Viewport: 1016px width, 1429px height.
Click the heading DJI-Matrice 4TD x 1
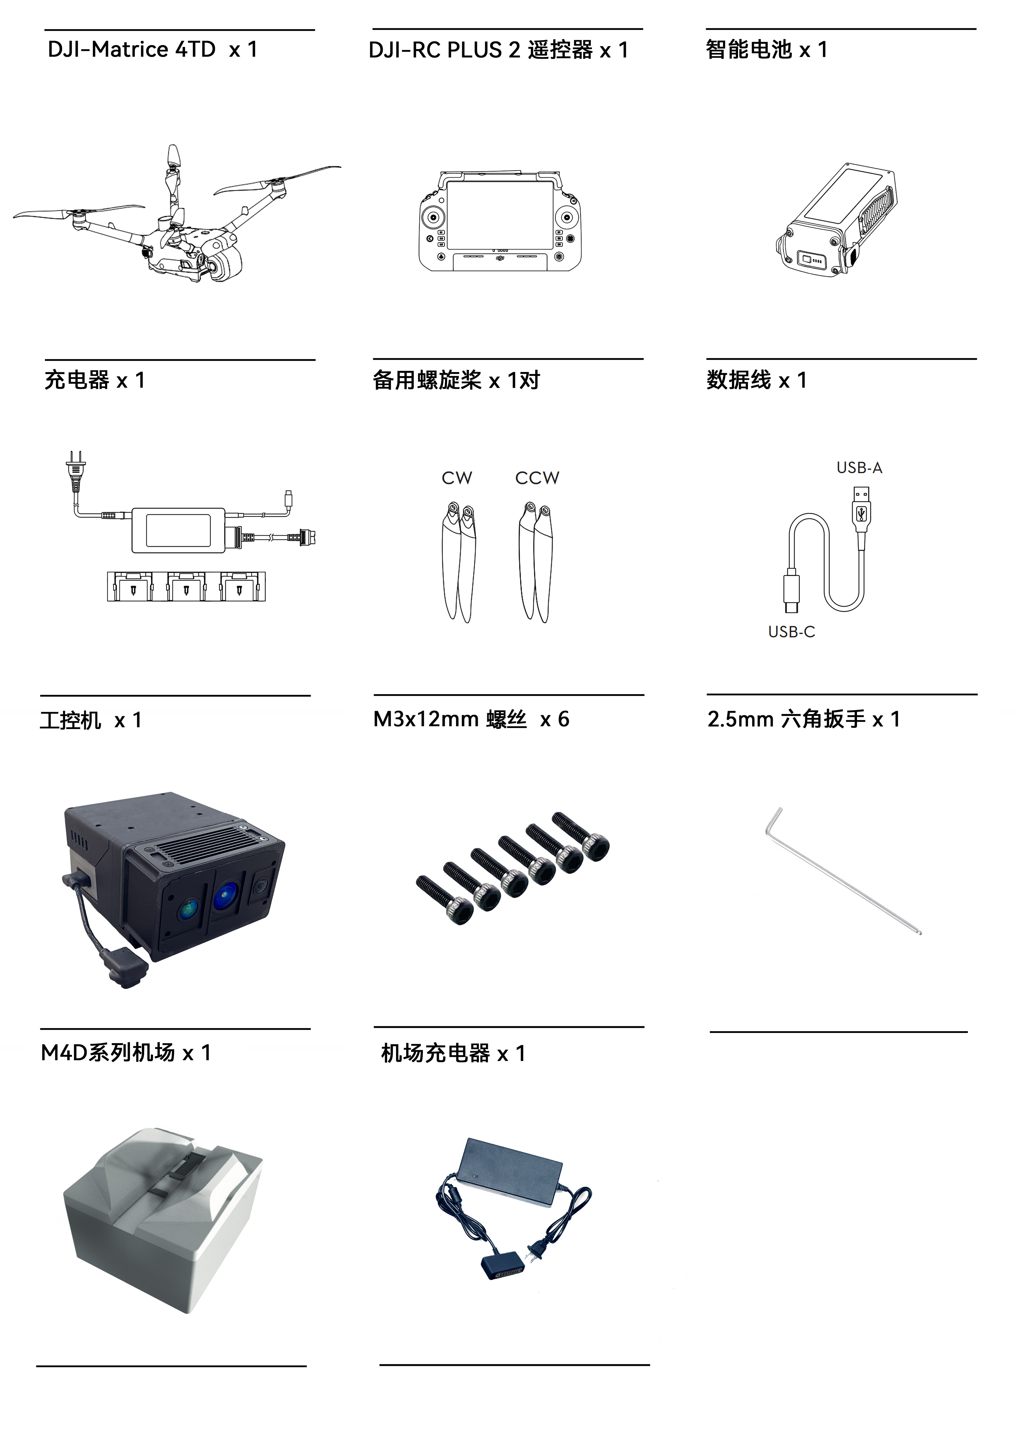[x=153, y=49]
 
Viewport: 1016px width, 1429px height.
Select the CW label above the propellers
[x=457, y=478]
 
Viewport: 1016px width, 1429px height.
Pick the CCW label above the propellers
[x=537, y=478]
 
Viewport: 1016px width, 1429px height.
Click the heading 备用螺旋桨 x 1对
[x=456, y=380]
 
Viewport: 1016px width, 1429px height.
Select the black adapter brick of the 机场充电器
[x=511, y=1171]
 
